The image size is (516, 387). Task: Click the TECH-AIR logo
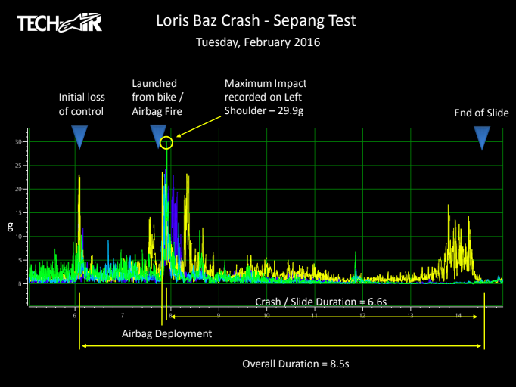tap(58, 23)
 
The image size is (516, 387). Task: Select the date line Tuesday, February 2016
tap(257, 42)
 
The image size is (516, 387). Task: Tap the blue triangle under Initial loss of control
tap(79, 136)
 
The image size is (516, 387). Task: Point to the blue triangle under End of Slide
tap(481, 136)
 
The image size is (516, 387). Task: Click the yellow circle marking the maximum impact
tap(167, 142)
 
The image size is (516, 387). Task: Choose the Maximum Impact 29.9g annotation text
tap(266, 97)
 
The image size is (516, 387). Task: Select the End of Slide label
tap(481, 113)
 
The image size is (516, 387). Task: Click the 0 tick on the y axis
tap(20, 283)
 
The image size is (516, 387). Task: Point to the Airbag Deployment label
tap(166, 333)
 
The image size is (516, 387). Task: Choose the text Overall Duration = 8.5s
tap(295, 364)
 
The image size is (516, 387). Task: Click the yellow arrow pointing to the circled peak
tap(198, 128)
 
